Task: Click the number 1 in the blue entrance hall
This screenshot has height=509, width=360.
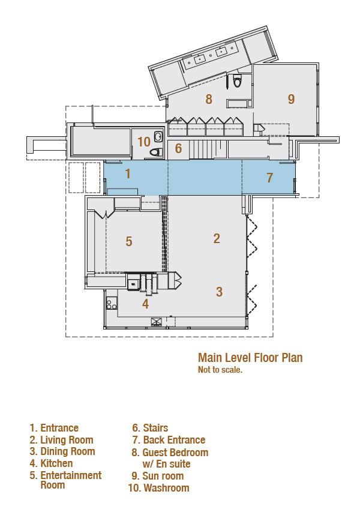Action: pyautogui.click(x=128, y=173)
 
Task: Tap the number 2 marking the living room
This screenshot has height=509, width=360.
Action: pyautogui.click(x=217, y=238)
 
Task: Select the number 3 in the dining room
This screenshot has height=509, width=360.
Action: pyautogui.click(x=220, y=292)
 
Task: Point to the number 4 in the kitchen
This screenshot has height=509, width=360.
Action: pyautogui.click(x=145, y=304)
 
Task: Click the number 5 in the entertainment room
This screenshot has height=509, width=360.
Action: pyautogui.click(x=129, y=241)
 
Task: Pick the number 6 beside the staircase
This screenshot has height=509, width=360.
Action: pyautogui.click(x=178, y=148)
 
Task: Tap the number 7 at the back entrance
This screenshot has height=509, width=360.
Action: pyautogui.click(x=269, y=178)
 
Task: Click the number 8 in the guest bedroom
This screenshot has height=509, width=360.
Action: pyautogui.click(x=209, y=99)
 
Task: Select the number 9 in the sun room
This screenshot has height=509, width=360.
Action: pyautogui.click(x=291, y=99)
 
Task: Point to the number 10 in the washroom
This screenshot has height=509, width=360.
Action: pyautogui.click(x=144, y=142)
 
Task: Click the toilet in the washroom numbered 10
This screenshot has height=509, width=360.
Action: pyautogui.click(x=156, y=152)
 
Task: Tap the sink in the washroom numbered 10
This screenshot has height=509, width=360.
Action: pyautogui.click(x=158, y=136)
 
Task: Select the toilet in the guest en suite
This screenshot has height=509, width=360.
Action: pyautogui.click(x=237, y=81)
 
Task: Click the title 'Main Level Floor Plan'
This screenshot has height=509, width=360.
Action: pyautogui.click(x=250, y=358)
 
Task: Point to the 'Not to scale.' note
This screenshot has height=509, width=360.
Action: pyautogui.click(x=220, y=370)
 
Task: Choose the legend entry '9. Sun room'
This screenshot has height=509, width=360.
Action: pyautogui.click(x=158, y=476)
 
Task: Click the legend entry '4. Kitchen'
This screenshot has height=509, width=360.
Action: pyautogui.click(x=51, y=463)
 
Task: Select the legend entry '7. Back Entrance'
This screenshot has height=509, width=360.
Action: pyautogui.click(x=169, y=440)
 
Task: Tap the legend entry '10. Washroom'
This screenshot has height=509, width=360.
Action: pyautogui.click(x=159, y=487)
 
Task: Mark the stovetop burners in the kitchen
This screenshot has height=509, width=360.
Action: pyautogui.click(x=112, y=304)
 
